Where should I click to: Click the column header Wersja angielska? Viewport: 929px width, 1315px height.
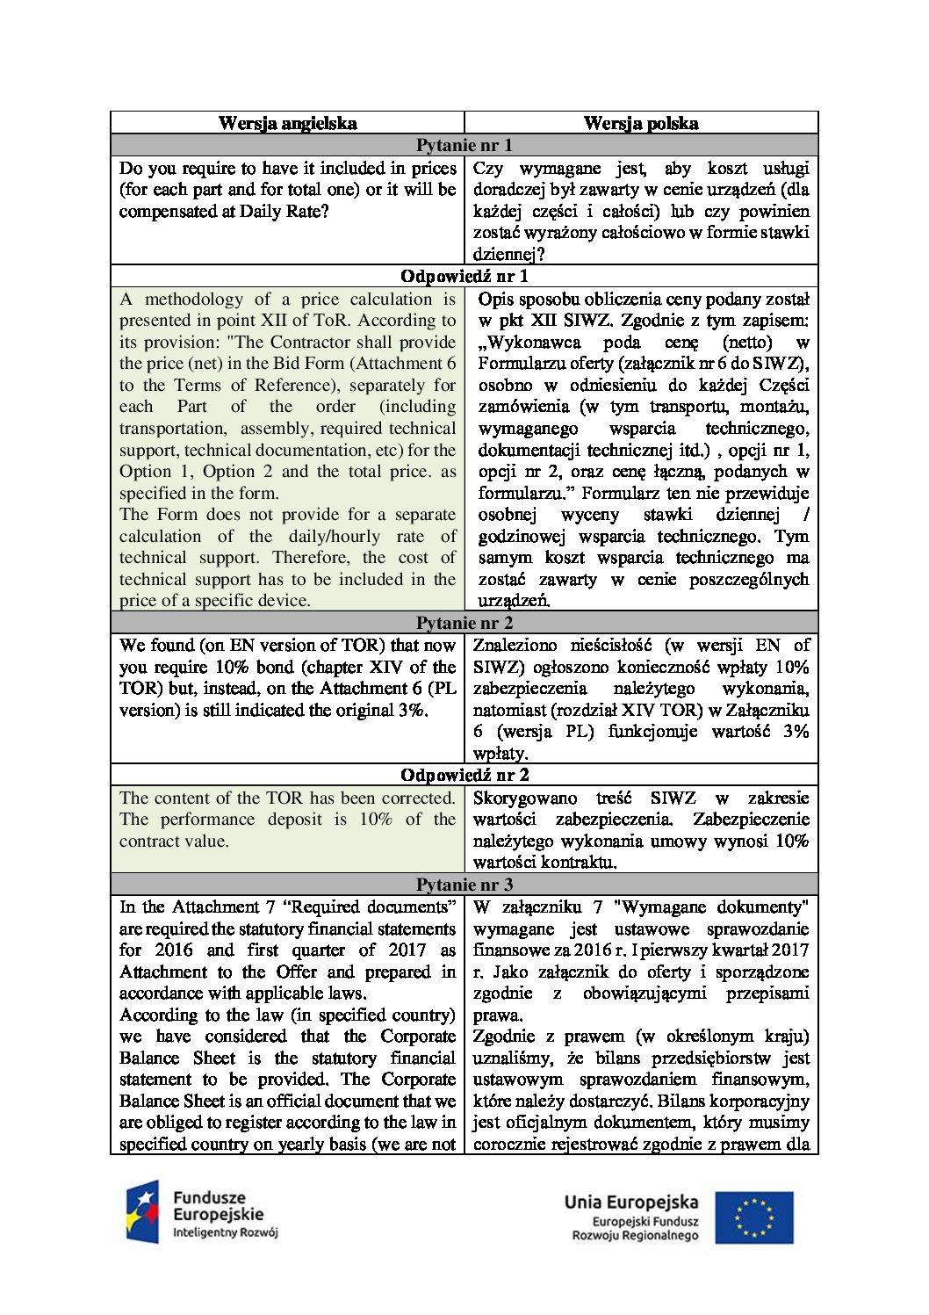(287, 123)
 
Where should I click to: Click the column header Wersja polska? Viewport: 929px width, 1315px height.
(641, 123)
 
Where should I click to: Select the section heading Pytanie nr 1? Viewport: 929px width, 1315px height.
(464, 145)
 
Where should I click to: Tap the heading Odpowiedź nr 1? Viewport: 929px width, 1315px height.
(464, 276)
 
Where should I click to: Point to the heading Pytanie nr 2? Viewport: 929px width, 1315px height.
(464, 623)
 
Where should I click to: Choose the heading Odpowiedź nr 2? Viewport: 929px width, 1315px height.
(464, 775)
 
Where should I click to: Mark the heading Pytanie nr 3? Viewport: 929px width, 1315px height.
(464, 885)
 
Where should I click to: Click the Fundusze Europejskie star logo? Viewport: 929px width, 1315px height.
(142, 1211)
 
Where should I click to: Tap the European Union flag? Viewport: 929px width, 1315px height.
(753, 1217)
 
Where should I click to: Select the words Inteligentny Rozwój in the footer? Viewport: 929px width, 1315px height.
(225, 1232)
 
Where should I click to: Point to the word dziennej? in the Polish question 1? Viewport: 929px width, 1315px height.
(508, 255)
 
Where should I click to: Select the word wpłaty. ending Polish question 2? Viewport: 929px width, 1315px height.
(501, 753)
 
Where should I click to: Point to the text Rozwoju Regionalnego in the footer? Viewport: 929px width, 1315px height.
(635, 1235)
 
